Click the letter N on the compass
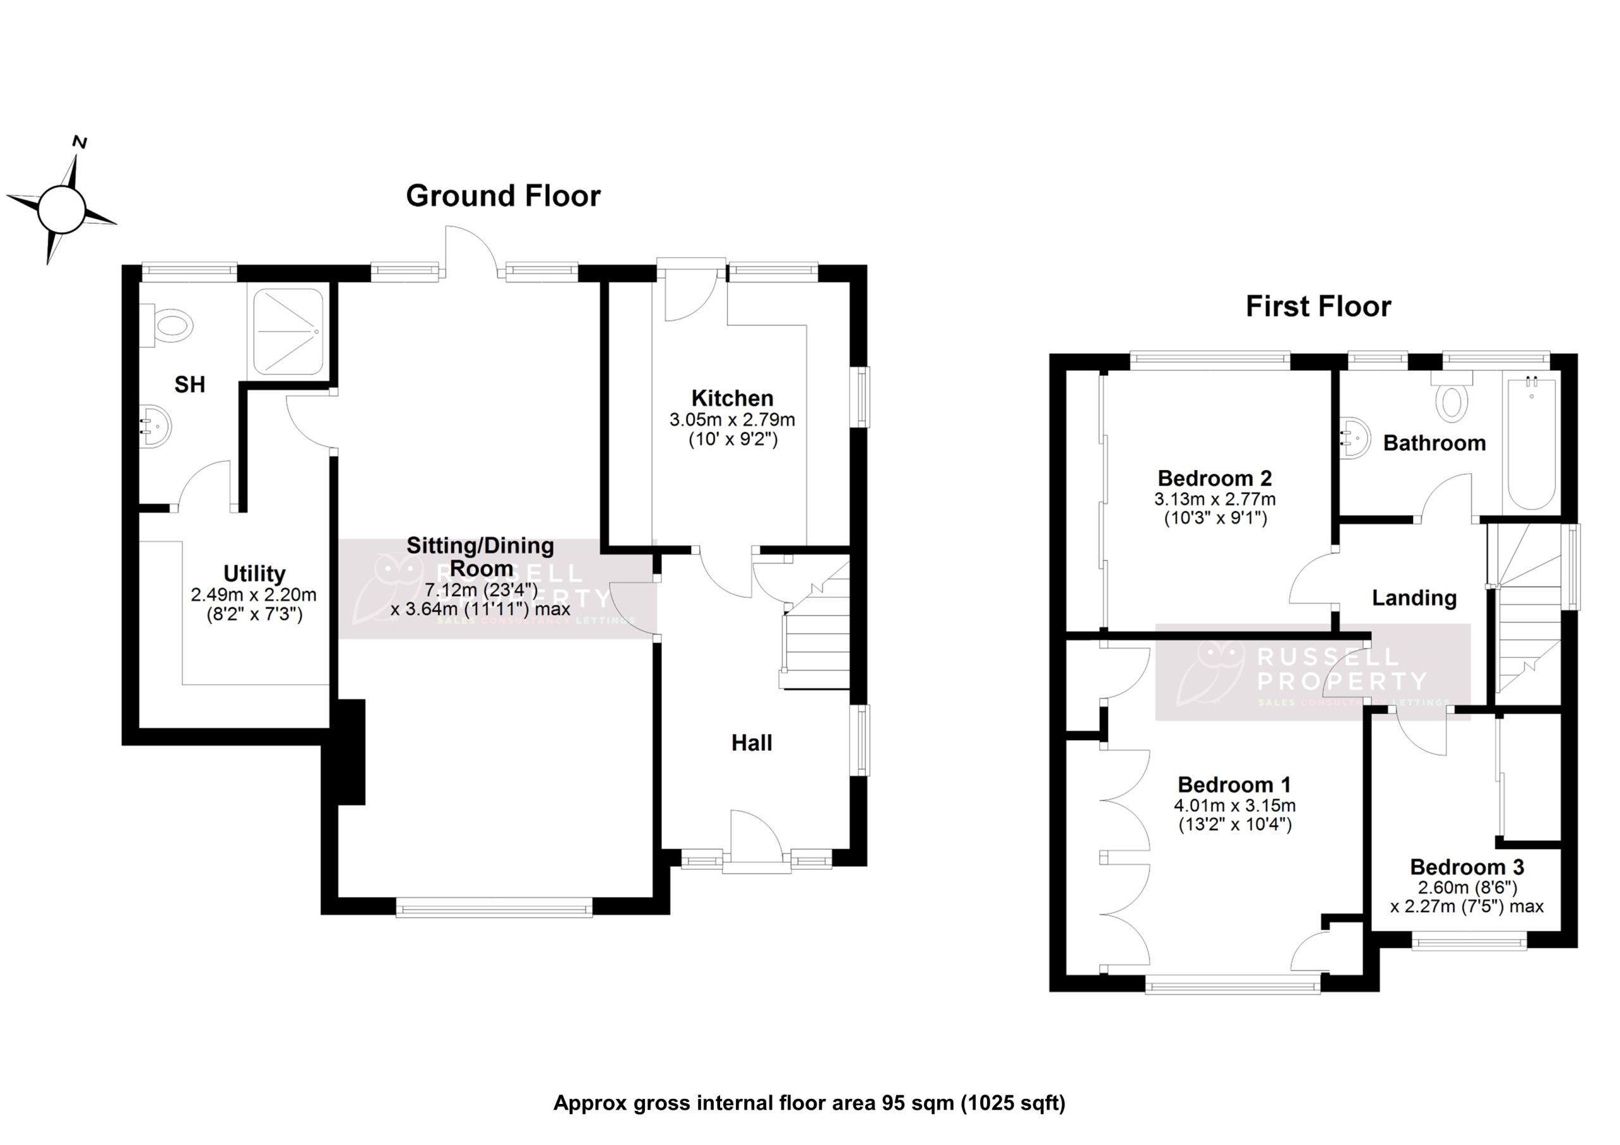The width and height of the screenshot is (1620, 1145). (x=80, y=142)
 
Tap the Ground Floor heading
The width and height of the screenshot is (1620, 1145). (x=503, y=196)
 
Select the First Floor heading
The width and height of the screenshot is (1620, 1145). (x=1318, y=306)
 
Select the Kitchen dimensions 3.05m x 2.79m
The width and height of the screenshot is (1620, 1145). (x=732, y=420)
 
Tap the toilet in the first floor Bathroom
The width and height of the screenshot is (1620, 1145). (x=1452, y=399)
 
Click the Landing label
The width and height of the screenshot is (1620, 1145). (x=1414, y=598)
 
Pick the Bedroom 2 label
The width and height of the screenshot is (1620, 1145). (x=1214, y=478)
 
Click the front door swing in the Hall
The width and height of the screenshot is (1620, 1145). (x=756, y=836)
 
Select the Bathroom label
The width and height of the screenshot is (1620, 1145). (x=1435, y=443)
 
